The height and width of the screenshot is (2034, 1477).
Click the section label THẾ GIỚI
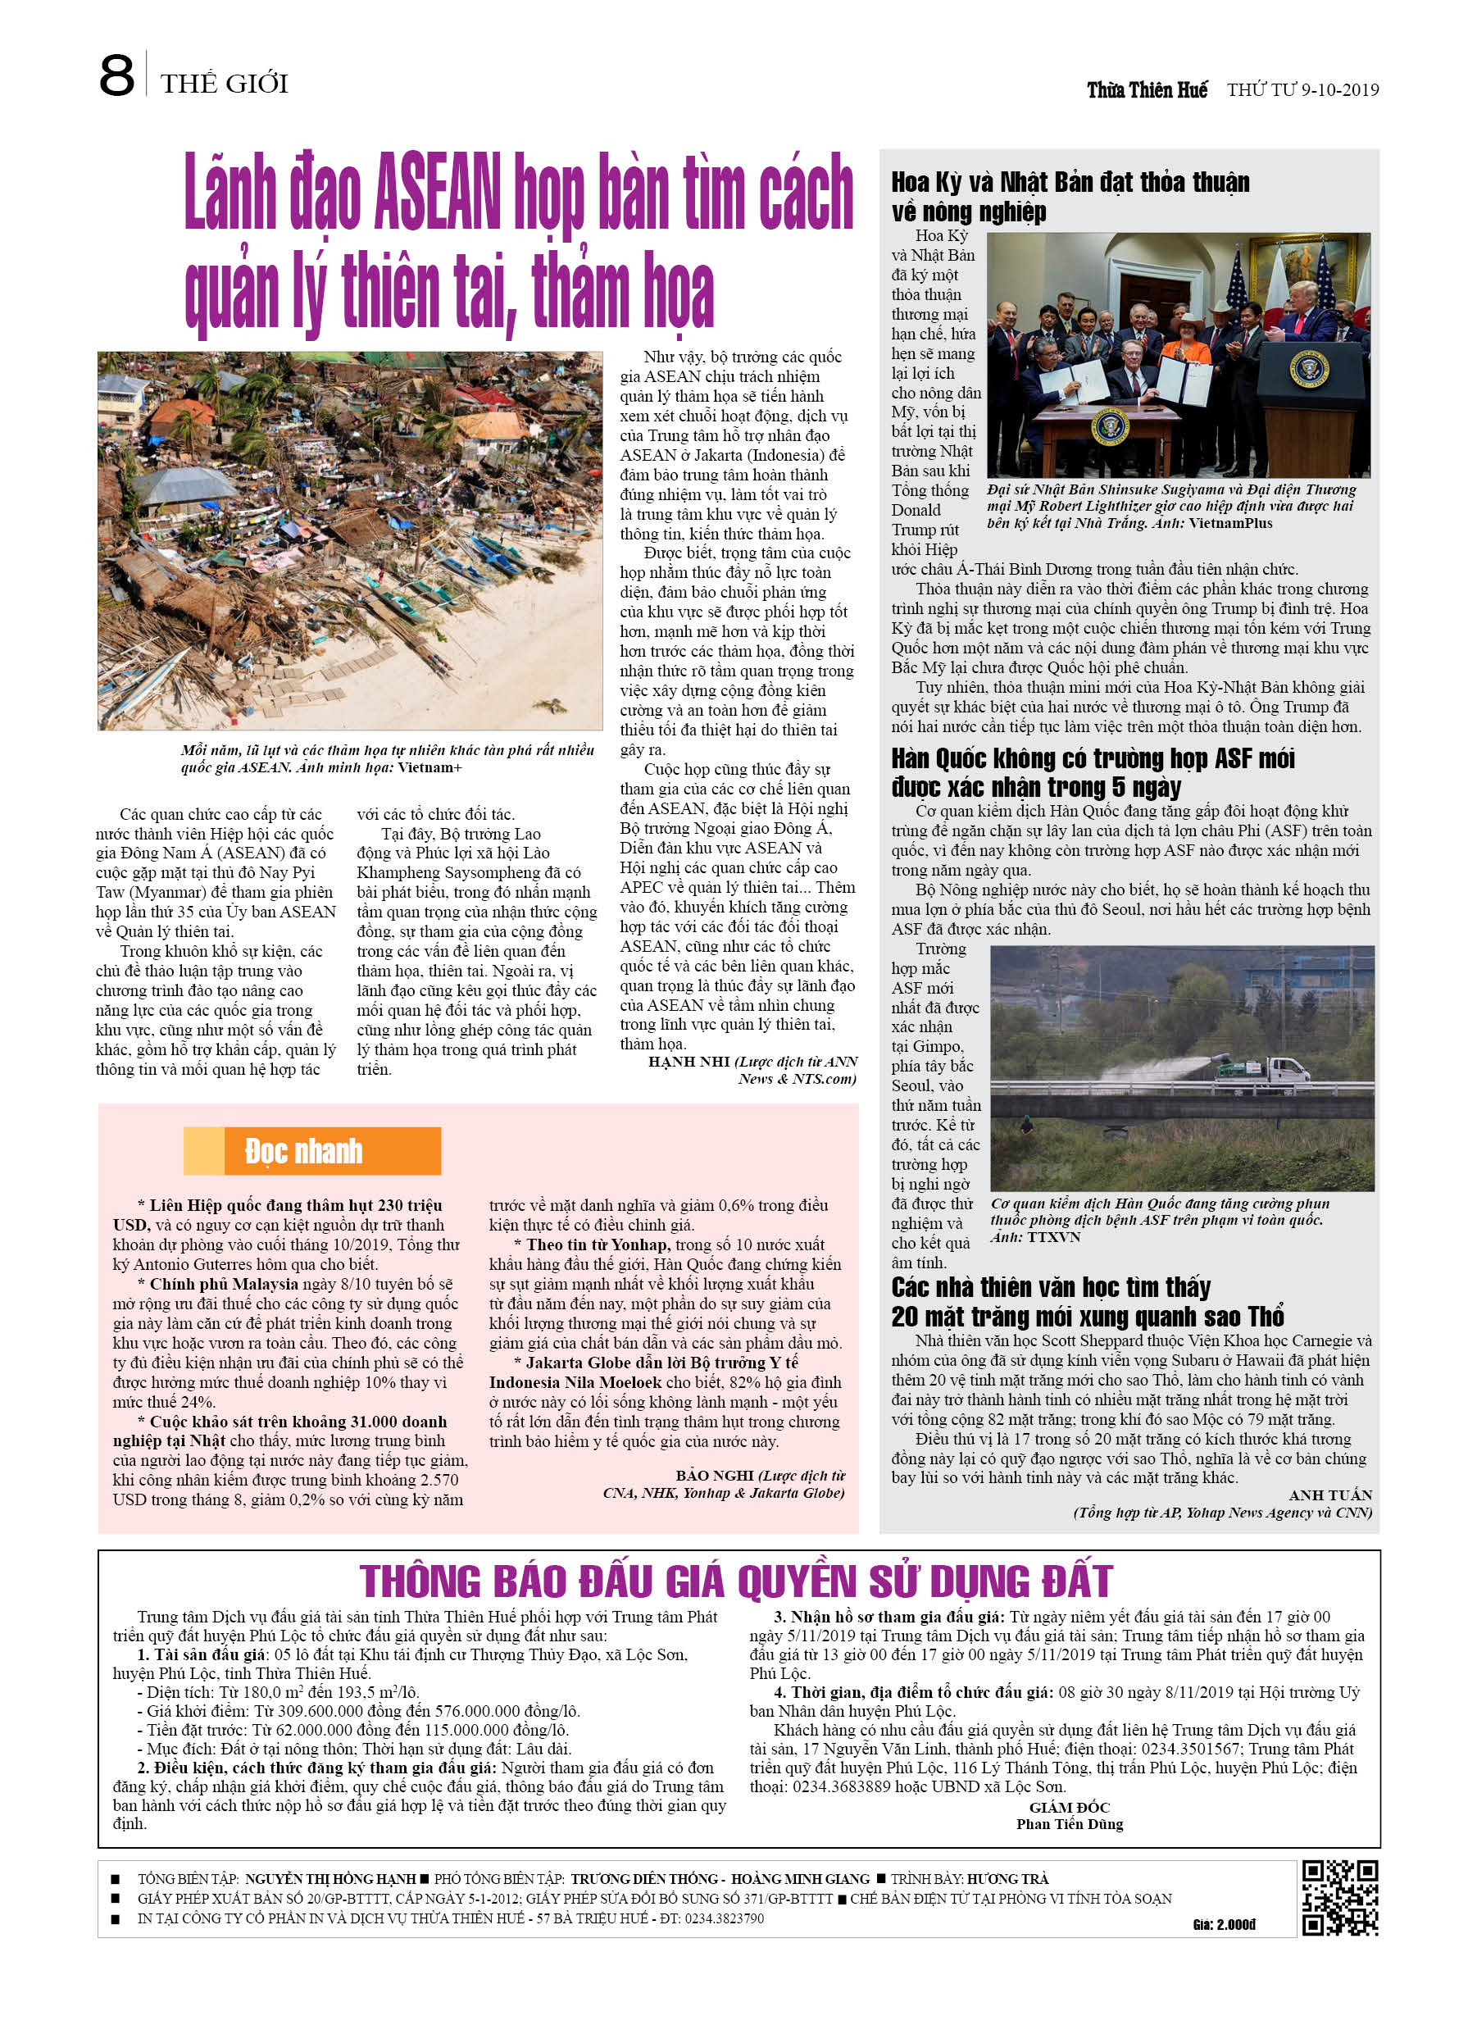click(225, 84)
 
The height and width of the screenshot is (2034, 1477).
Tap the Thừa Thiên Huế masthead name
click(1147, 89)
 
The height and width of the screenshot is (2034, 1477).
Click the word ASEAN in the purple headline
click(437, 193)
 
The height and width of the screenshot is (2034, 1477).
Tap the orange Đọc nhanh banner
click(312, 1150)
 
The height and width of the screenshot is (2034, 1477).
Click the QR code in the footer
click(1340, 1898)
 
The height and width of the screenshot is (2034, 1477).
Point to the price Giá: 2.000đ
click(1224, 1925)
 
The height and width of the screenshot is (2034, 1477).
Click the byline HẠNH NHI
click(689, 1062)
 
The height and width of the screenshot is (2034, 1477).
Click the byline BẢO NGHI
click(716, 1475)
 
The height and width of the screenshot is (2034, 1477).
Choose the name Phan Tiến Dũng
click(1069, 1824)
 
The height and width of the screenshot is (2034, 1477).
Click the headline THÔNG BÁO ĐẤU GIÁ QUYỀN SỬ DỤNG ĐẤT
click(735, 1581)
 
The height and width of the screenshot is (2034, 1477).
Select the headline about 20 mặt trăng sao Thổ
click(1087, 1302)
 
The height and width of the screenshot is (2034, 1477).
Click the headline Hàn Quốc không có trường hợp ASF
click(1093, 772)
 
